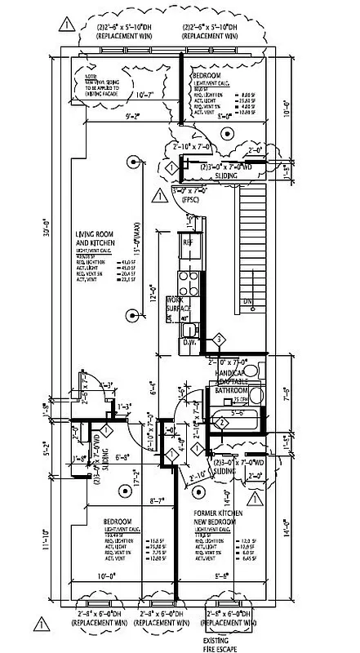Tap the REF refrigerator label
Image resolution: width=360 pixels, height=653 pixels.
click(188, 243)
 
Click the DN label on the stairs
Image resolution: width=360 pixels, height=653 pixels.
click(248, 301)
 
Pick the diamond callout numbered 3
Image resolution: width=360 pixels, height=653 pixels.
click(218, 339)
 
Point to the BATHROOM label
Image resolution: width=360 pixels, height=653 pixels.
click(230, 391)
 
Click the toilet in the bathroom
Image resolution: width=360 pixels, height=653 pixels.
click(251, 373)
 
